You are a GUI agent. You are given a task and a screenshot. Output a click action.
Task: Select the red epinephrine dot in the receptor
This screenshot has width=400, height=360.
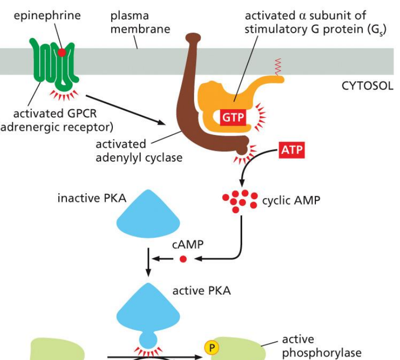[x=62, y=52]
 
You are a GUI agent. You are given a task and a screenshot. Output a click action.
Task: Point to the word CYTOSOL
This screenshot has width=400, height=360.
[x=367, y=86]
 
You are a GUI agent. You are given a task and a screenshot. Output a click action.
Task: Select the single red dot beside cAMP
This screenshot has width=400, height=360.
[x=183, y=259]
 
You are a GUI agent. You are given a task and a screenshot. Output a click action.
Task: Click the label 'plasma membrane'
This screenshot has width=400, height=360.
[x=140, y=23]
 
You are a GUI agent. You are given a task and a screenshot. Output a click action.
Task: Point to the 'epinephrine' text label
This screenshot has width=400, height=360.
[x=47, y=16]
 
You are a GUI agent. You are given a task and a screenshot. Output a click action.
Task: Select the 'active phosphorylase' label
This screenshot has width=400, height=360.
[x=315, y=346]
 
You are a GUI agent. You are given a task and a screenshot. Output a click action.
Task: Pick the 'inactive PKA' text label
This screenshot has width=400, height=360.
[x=92, y=198]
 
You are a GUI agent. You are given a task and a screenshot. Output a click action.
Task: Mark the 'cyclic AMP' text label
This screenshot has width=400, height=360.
[x=291, y=200]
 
